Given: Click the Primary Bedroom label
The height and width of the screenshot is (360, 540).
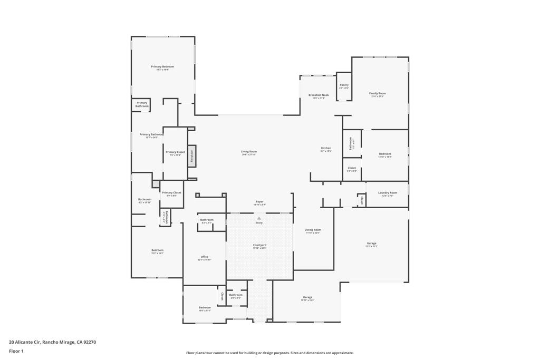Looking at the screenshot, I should coord(162,67).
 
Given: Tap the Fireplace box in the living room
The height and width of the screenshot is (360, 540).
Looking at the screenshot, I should coord(192,156).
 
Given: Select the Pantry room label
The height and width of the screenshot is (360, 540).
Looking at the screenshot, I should coord(344,85).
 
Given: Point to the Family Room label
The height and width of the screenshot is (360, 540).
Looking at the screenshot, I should coord(378,93).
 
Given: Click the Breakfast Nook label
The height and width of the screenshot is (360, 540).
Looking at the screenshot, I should coord(319,95).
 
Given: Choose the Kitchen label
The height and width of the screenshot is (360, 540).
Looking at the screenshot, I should coord(326,148).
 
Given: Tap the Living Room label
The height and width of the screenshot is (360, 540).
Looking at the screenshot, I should coord(249,152).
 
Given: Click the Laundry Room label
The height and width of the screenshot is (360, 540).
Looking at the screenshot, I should coord(388,193).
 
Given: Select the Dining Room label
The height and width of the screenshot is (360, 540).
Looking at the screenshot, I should coord(313,230).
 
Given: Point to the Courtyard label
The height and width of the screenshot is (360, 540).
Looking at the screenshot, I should coord(259,245).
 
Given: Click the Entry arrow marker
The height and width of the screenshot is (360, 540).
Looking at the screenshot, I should coord(259,218).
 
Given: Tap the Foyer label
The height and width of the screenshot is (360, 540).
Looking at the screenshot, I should coord(259,202).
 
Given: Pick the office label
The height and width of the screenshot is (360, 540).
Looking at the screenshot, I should coord(205,257).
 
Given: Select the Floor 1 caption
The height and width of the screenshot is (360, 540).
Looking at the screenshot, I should coord(16,351).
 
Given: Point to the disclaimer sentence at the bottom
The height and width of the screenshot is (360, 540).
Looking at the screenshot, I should coord(269,353).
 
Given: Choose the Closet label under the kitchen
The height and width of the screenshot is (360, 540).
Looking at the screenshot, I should coord(352,169).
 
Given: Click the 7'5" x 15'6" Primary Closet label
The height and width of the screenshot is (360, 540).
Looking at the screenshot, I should coord(175,153).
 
